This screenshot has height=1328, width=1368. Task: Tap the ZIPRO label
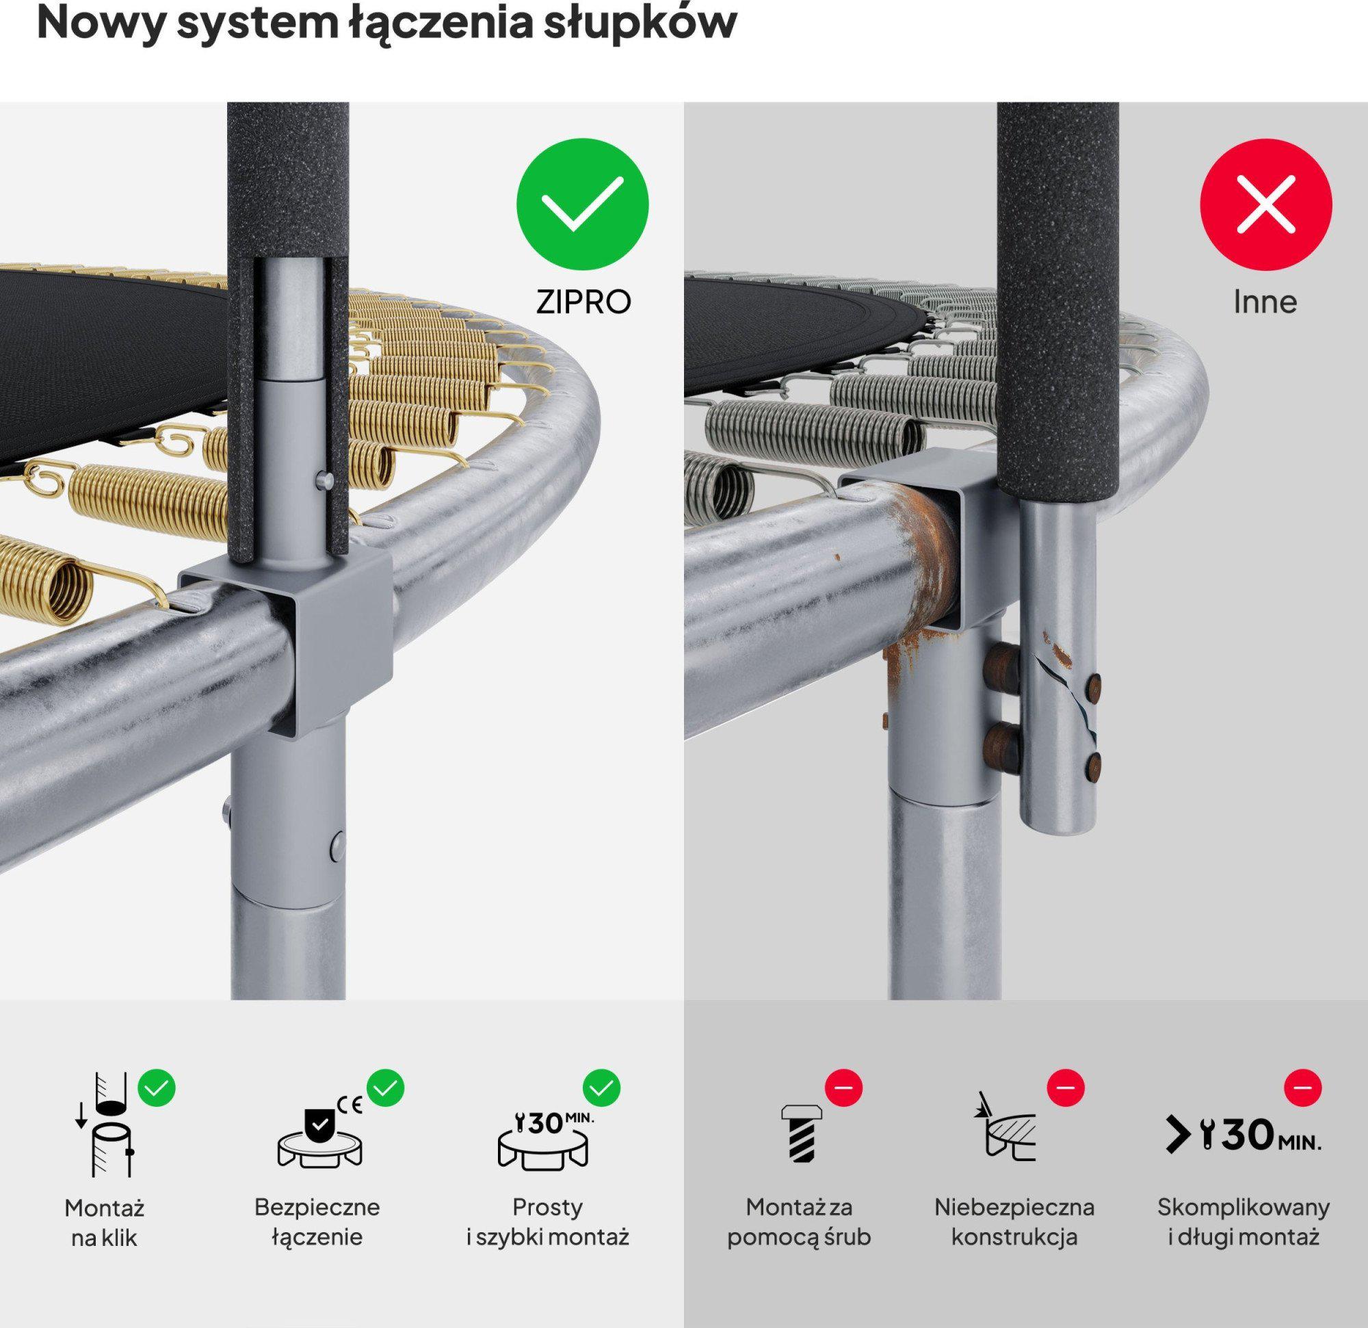pos(583,302)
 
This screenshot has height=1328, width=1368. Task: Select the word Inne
pos(1265,302)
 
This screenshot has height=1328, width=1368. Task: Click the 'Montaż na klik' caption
pos(104,1223)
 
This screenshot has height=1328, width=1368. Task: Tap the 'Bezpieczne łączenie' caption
pos(317,1222)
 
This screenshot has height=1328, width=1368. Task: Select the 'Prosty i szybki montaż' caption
pos(548,1222)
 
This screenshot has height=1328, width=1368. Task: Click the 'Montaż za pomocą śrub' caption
pos(799,1222)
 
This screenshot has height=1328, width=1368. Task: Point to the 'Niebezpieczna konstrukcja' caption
pos(1015,1222)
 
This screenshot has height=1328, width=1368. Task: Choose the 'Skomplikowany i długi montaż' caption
pos(1244,1222)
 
